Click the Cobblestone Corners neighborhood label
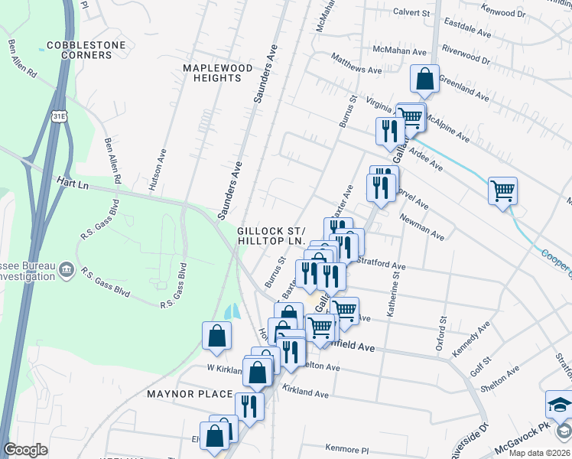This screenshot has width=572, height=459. tap(86, 50)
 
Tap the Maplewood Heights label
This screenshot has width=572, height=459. tap(218, 73)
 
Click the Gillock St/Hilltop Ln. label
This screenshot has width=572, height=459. tap(271, 236)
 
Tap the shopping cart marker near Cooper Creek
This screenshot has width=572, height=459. tap(502, 190)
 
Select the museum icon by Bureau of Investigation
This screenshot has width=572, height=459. tap(67, 269)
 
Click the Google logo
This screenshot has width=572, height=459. tap(25, 450)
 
